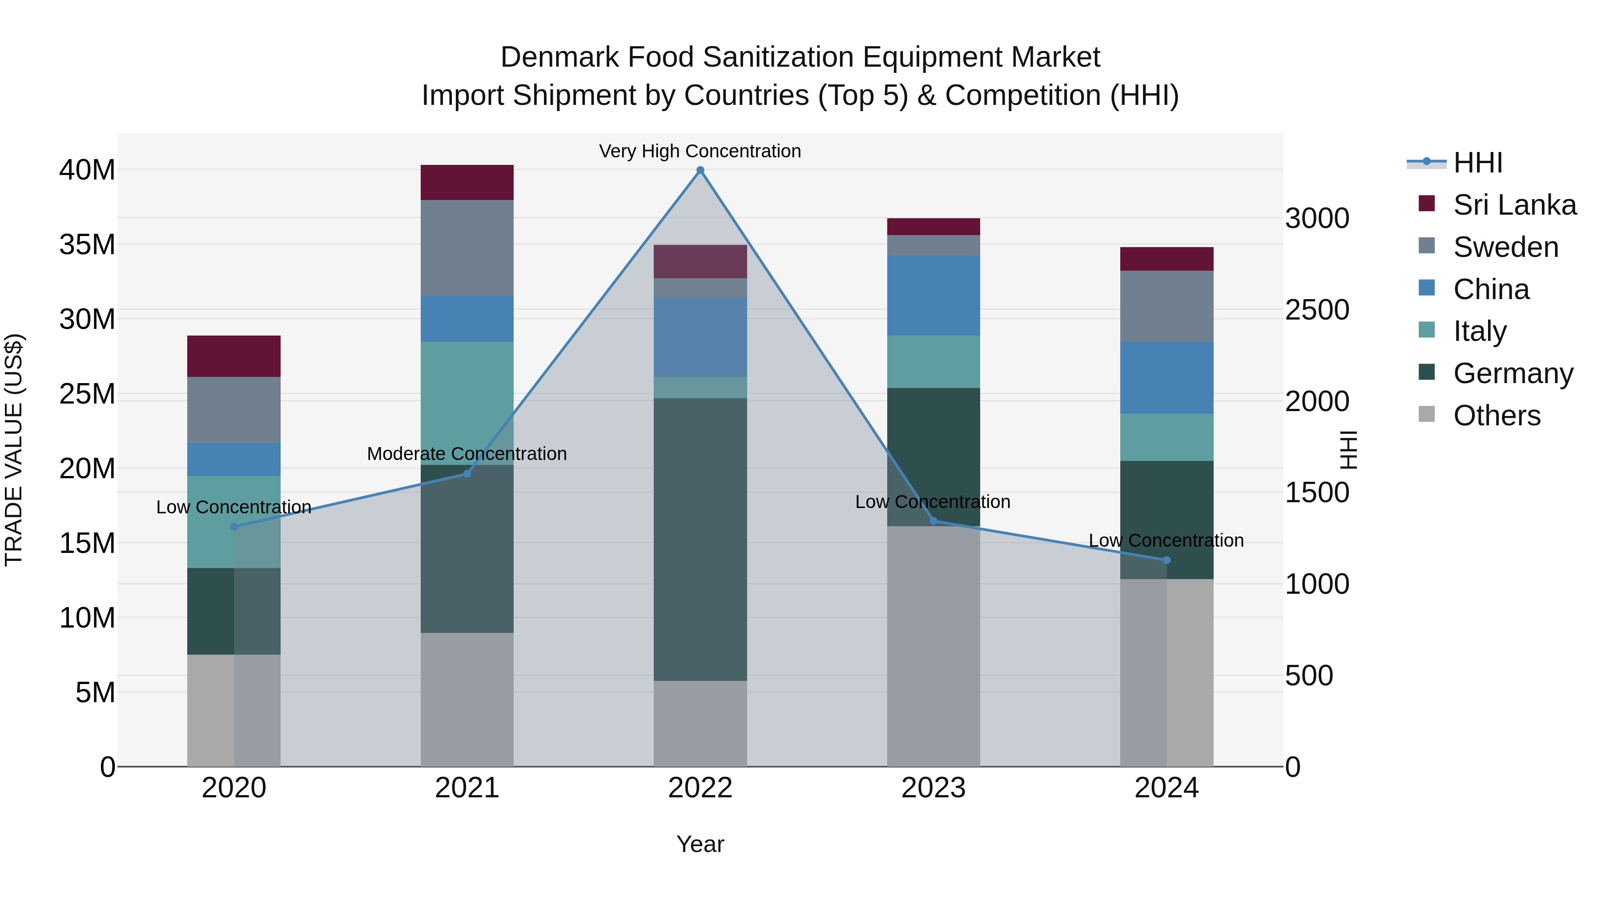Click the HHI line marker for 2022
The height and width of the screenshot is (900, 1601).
(x=700, y=170)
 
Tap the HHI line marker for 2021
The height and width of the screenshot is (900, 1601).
(x=467, y=474)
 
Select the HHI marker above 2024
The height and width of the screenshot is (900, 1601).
(x=1167, y=560)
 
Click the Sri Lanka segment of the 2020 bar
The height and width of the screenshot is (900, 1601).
(x=233, y=356)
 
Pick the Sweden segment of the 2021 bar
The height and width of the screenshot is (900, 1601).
(x=467, y=248)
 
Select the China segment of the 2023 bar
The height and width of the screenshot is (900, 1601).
(x=933, y=296)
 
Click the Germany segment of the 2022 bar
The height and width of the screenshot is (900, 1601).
(x=700, y=539)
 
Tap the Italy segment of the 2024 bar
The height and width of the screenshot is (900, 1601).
(x=1167, y=437)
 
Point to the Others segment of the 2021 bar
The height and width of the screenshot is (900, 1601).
(x=467, y=700)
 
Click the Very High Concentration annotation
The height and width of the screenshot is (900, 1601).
(x=700, y=152)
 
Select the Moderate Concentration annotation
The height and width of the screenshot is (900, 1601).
(x=467, y=454)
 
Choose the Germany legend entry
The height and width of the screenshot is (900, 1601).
(x=1513, y=373)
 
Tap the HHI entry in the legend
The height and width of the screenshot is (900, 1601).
(x=1477, y=163)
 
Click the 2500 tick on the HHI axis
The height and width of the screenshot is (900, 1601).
(x=1316, y=310)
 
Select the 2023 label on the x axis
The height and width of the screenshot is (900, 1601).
(x=933, y=788)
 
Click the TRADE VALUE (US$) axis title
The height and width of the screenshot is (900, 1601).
(x=14, y=450)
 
